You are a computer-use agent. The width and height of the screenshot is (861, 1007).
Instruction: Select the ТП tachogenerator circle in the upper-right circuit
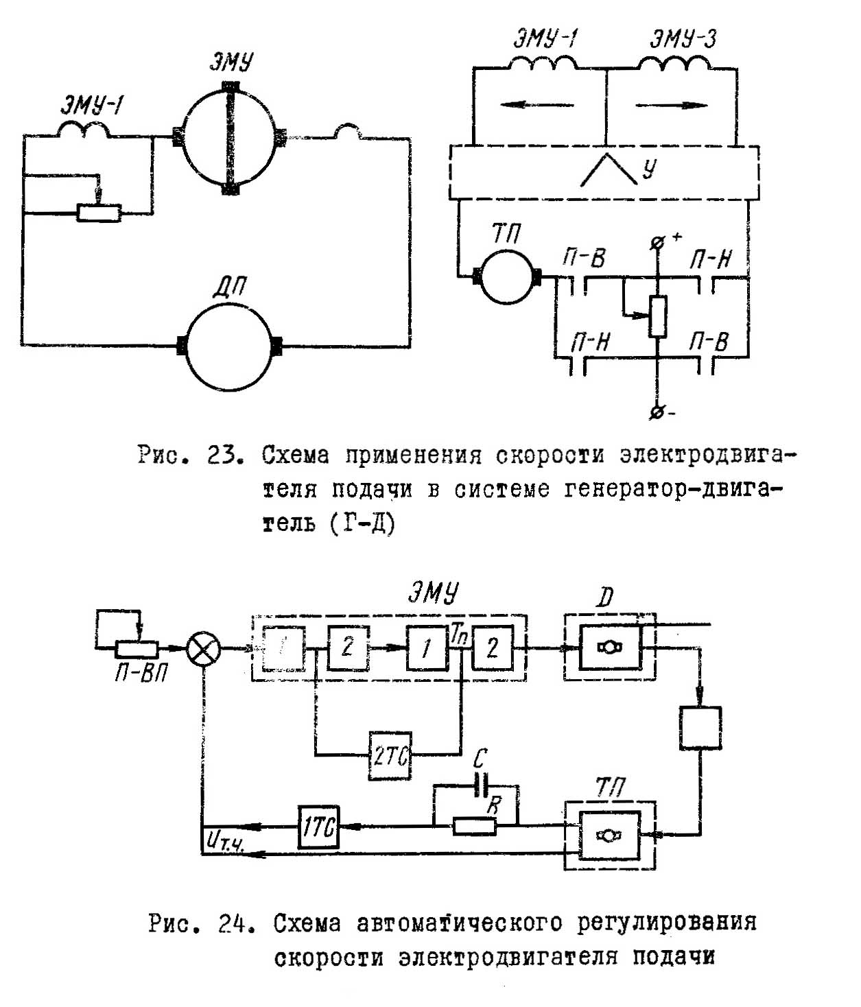[x=507, y=277]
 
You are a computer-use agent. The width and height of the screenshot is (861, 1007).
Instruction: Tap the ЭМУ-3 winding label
[x=683, y=39]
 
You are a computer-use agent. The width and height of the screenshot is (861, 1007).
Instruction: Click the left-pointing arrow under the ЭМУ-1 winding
[x=537, y=104]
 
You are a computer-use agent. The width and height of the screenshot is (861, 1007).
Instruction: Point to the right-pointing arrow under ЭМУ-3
[x=672, y=105]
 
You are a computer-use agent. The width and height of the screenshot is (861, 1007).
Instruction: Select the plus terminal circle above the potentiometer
[x=657, y=243]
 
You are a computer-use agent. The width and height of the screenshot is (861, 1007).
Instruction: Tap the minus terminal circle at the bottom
[x=657, y=413]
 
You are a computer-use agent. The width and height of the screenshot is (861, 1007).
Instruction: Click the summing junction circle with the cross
[x=204, y=648]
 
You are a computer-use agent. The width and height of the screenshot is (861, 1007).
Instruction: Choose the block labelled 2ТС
[x=390, y=756]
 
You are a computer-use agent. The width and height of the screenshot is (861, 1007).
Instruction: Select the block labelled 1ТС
[x=318, y=827]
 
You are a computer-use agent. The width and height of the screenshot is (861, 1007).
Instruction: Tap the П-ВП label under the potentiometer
[x=141, y=674]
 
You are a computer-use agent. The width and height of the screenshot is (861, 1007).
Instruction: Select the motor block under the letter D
[x=610, y=648]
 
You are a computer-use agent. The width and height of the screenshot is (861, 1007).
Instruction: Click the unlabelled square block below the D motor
[x=700, y=728]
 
